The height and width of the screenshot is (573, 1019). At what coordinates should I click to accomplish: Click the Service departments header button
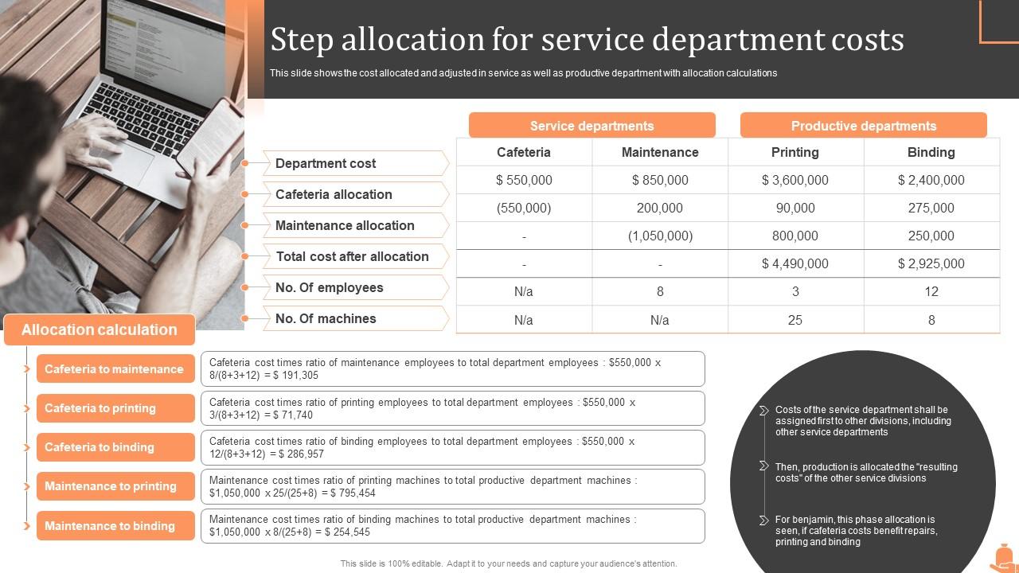pyautogui.click(x=591, y=126)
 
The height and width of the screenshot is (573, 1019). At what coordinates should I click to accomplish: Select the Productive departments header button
pyautogui.click(x=863, y=126)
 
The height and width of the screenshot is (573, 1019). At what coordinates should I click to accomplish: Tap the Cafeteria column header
pyautogui.click(x=523, y=152)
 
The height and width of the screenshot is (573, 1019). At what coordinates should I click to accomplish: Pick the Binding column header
pyautogui.click(x=931, y=152)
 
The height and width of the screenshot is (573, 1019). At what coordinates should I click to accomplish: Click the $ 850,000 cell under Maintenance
pyautogui.click(x=660, y=180)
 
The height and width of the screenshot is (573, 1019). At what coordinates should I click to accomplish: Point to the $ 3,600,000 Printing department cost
pyautogui.click(x=795, y=180)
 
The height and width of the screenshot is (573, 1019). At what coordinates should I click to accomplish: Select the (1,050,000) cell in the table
pyautogui.click(x=660, y=236)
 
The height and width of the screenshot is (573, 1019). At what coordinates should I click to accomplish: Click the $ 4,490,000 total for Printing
pyautogui.click(x=795, y=263)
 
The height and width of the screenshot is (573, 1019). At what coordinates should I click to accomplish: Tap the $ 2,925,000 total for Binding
pyautogui.click(x=931, y=263)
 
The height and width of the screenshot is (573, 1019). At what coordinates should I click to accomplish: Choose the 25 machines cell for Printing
pyautogui.click(x=795, y=320)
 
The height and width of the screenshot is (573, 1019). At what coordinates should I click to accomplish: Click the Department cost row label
pyautogui.click(x=325, y=163)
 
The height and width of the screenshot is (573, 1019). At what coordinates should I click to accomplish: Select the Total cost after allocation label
pyautogui.click(x=352, y=256)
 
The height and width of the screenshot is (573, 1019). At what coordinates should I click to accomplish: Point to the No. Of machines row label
pyautogui.click(x=325, y=318)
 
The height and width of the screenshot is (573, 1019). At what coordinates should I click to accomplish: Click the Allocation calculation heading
pyautogui.click(x=100, y=329)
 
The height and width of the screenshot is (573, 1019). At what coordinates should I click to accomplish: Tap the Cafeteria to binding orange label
pyautogui.click(x=100, y=447)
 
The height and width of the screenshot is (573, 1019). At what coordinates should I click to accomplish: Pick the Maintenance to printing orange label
pyautogui.click(x=111, y=486)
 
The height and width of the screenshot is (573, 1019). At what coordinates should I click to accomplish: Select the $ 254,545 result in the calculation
pyautogui.click(x=342, y=532)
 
